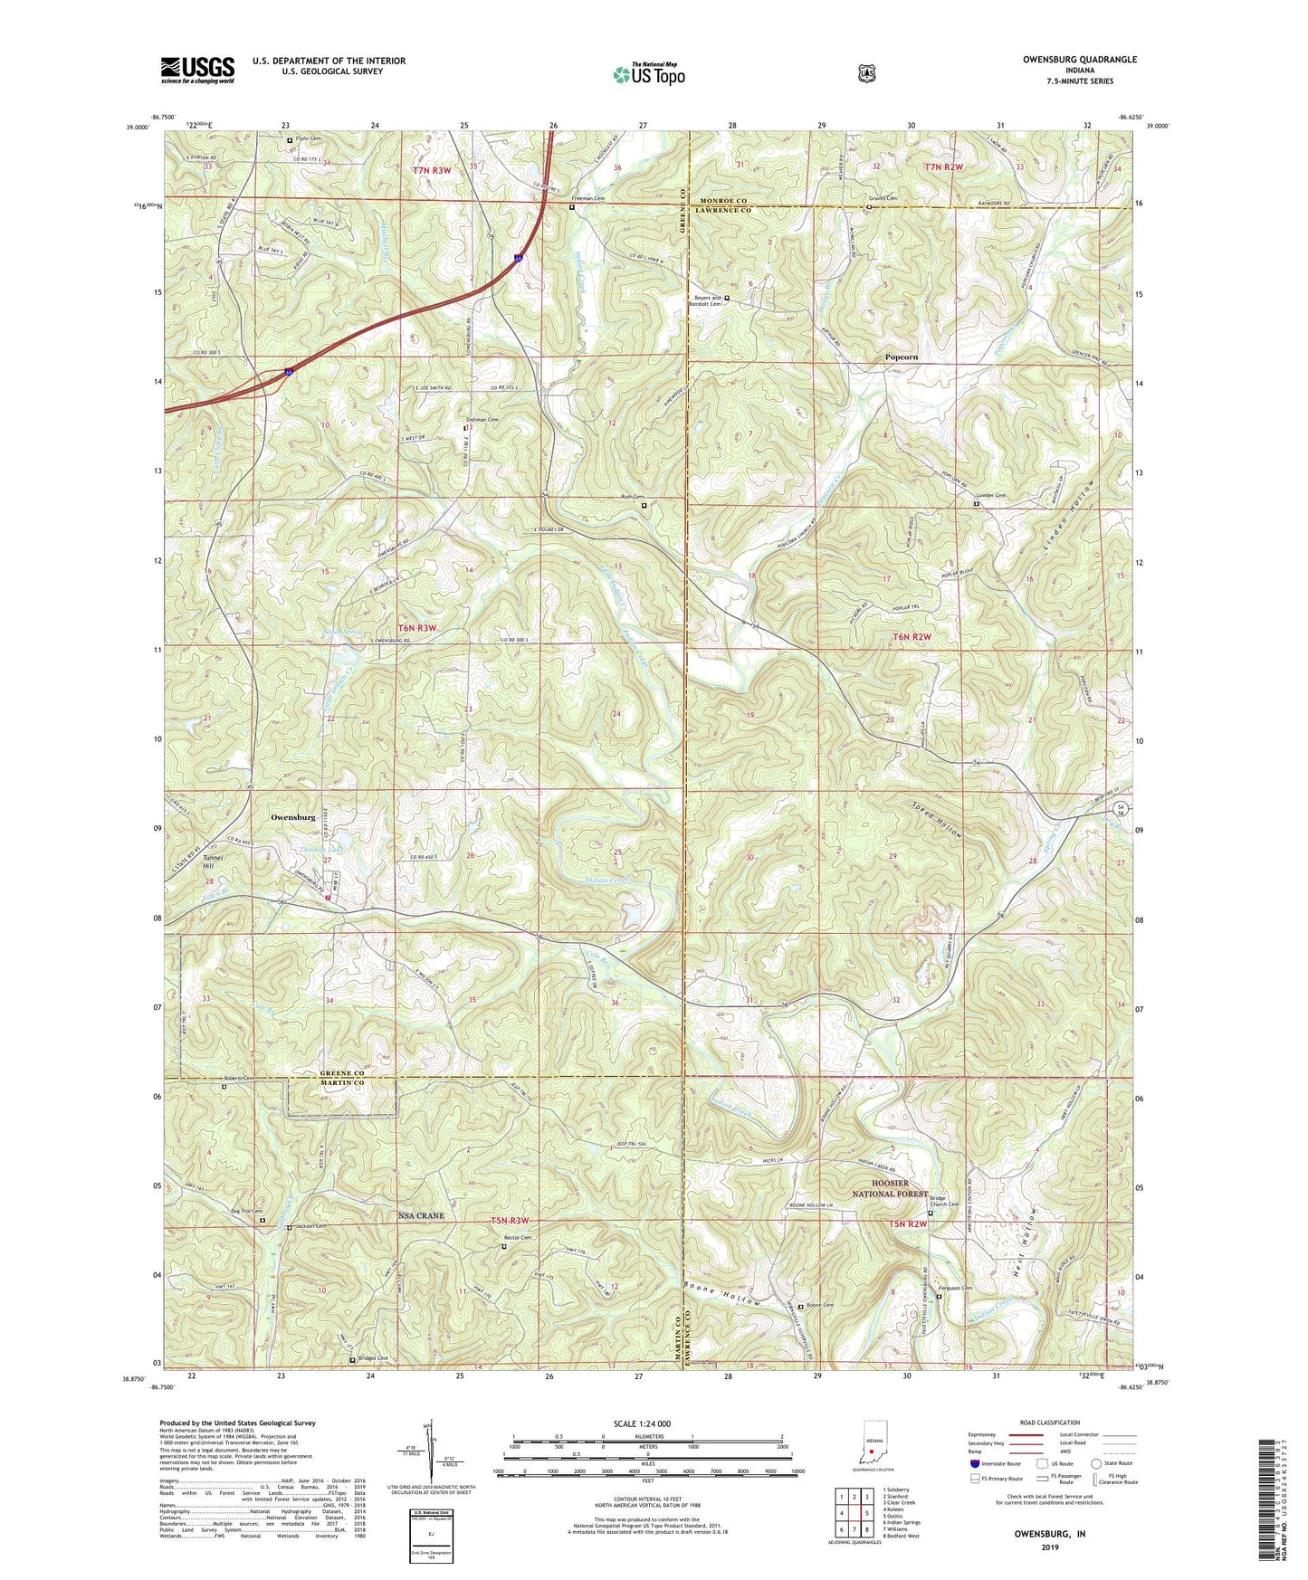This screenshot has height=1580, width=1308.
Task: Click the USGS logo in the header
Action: pyautogui.click(x=197, y=69)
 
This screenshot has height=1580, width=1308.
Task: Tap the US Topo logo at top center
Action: pyautogui.click(x=648, y=73)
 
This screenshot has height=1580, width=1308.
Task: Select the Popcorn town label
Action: pyautogui.click(x=901, y=357)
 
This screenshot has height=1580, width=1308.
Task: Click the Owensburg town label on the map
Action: pyautogui.click(x=293, y=817)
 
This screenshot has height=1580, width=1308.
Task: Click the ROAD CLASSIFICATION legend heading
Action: pyautogui.click(x=1050, y=1423)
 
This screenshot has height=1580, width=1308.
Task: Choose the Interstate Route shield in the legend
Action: pyautogui.click(x=974, y=1463)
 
